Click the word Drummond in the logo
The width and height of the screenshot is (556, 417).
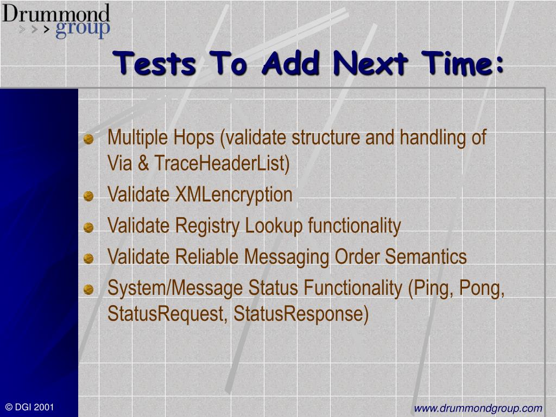[x=56, y=14]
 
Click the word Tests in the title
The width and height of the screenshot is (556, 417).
[x=154, y=63]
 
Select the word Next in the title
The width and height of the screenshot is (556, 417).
[x=370, y=63]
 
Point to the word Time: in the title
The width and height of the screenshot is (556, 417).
[x=463, y=63]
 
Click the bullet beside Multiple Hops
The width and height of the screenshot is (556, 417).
[x=89, y=139]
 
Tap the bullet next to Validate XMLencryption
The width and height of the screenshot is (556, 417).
[x=89, y=196]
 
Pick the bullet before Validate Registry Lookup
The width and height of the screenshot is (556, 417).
[x=89, y=228]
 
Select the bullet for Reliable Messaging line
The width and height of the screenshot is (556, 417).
[x=89, y=258]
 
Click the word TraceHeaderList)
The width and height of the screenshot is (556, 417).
[x=222, y=163]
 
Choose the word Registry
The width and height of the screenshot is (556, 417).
[x=207, y=226]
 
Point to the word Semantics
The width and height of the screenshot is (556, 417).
[x=426, y=256]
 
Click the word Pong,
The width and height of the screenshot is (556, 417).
[x=482, y=288]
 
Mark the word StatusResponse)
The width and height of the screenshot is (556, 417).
[x=301, y=314]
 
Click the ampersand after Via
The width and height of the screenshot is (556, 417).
[x=143, y=163]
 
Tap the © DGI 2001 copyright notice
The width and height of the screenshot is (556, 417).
[x=29, y=407]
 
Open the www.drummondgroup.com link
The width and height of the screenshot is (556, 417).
[x=478, y=408]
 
